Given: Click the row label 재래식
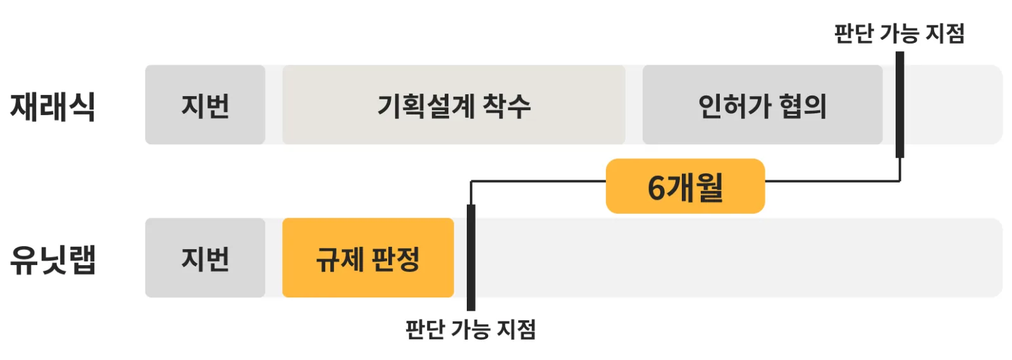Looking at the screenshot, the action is click(53, 106).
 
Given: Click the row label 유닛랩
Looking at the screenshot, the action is click(53, 260).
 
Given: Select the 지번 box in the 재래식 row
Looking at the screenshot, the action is click(205, 105).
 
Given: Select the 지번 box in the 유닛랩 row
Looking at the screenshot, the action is click(205, 258).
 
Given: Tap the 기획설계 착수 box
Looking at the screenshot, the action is click(454, 105).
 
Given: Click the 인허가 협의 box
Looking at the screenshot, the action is click(763, 105).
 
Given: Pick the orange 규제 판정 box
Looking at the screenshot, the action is click(368, 258).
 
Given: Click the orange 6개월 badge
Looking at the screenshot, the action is click(686, 186).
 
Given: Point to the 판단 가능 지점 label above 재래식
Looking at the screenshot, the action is click(899, 34).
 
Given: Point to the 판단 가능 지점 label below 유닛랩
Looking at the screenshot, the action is click(471, 329).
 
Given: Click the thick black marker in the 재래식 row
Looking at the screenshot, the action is click(900, 105).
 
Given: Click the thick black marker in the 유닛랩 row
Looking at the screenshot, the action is click(471, 258).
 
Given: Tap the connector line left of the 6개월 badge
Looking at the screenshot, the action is click(538, 181).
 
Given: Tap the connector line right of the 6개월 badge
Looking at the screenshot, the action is click(832, 181).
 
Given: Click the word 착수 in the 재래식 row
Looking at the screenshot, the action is click(507, 106).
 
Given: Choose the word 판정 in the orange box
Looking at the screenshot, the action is click(395, 260).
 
